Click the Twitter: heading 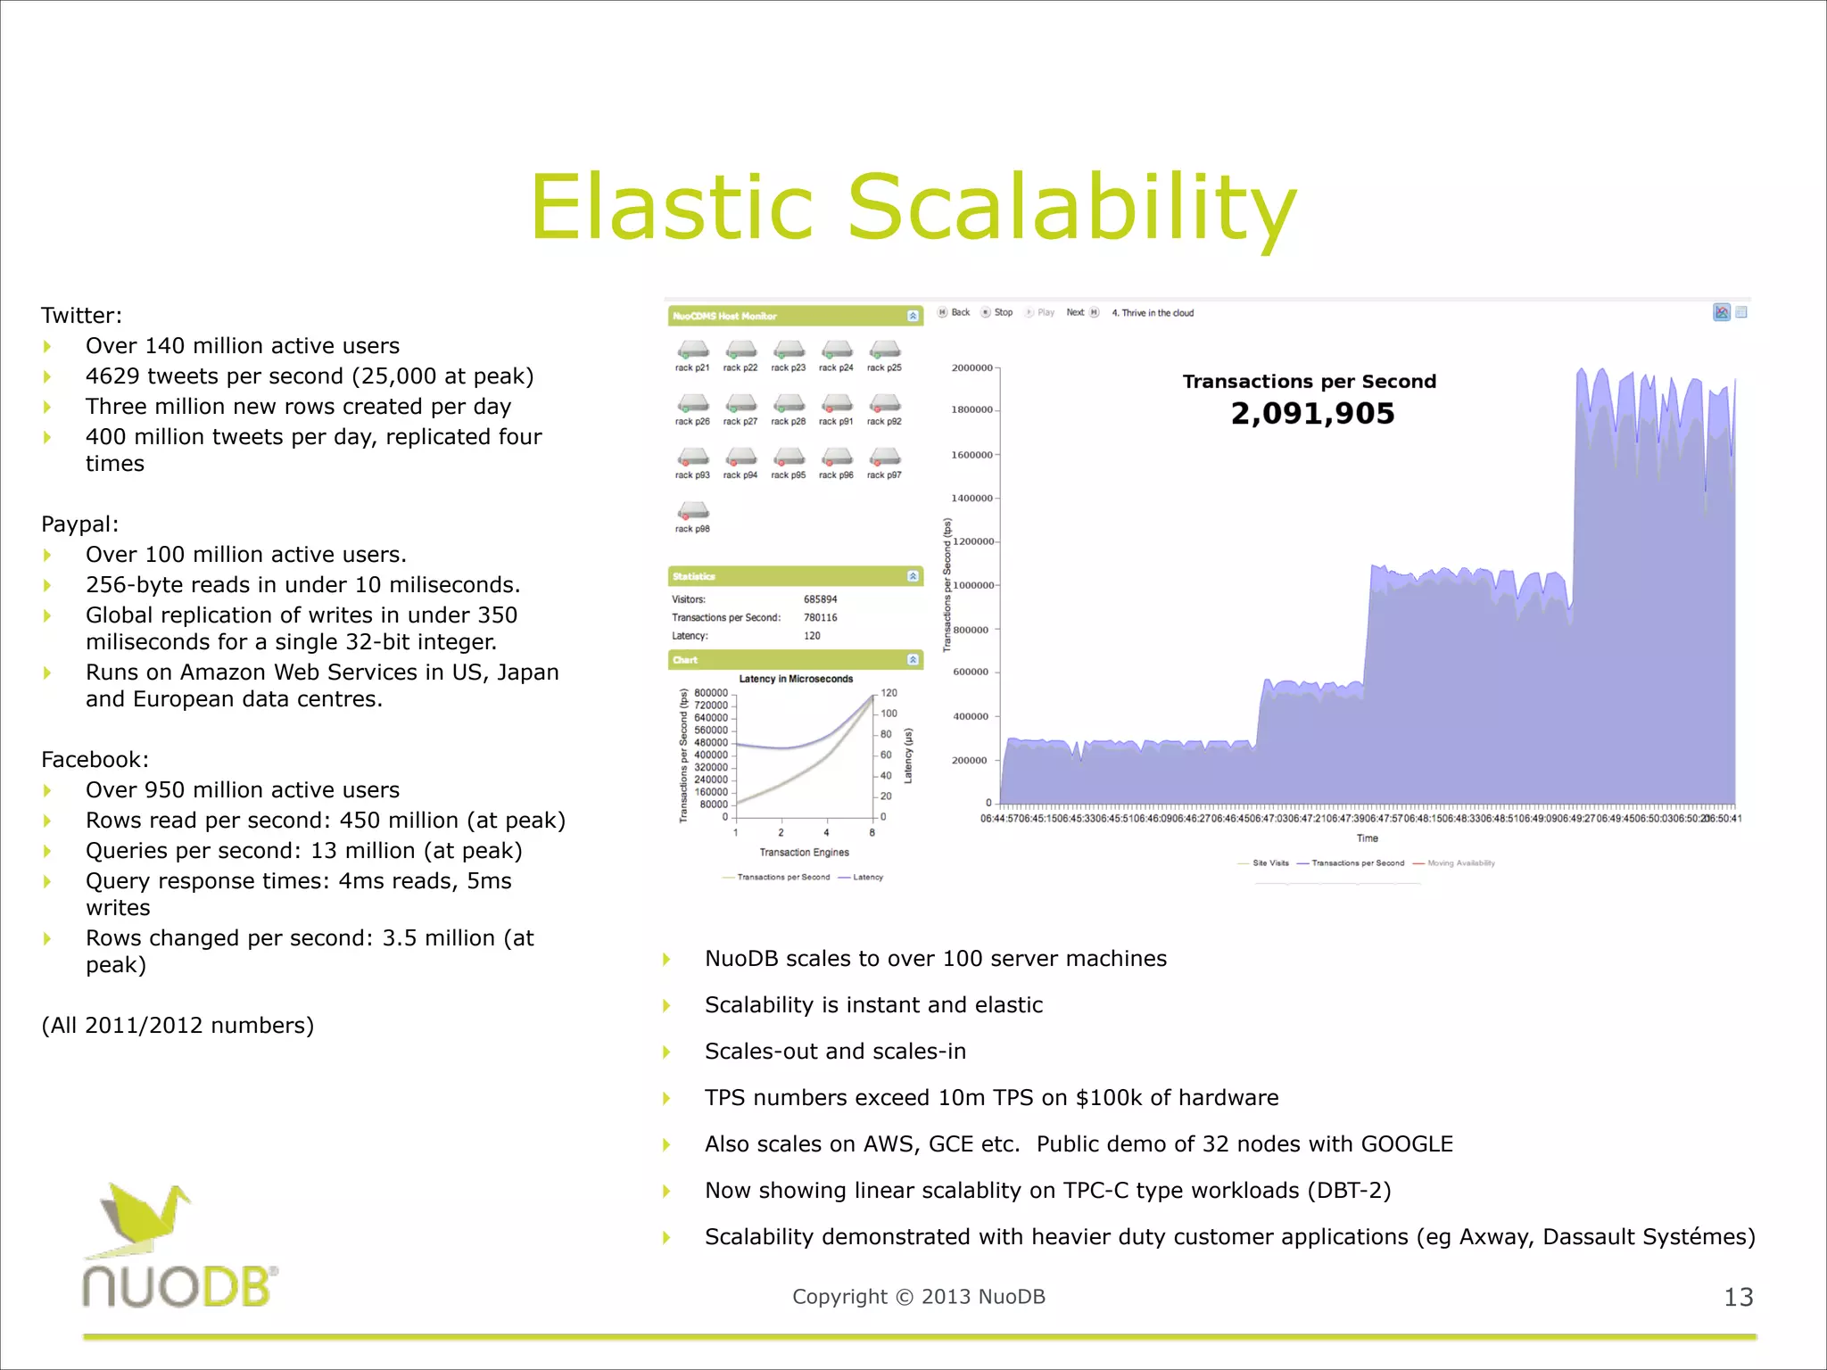click(81, 316)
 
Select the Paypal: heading click(79, 524)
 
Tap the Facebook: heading click(95, 760)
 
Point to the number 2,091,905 click(1311, 414)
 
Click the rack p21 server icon click(692, 350)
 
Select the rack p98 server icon click(692, 511)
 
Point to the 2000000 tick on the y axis click(971, 368)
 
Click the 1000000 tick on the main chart click(971, 586)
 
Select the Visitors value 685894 click(820, 599)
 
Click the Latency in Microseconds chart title click(796, 679)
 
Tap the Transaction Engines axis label click(804, 853)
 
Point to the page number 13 click(1738, 1298)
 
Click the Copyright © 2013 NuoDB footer click(918, 1297)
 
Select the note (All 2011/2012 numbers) click(178, 1026)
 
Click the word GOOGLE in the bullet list click(1407, 1144)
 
